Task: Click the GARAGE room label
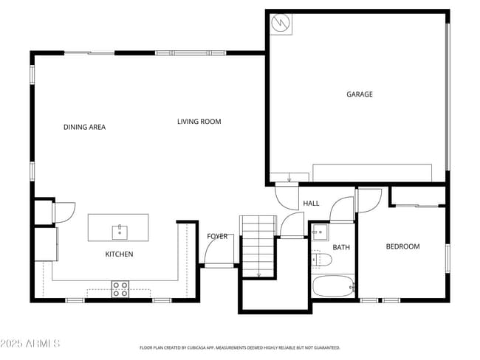pos(360,94)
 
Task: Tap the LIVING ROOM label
pos(199,122)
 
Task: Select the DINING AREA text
pos(84,127)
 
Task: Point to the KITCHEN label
pos(119,255)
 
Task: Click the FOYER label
pos(217,236)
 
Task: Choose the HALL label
pos(311,204)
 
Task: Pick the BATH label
pos(341,247)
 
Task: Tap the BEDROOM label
pos(402,246)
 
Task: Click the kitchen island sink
pos(119,232)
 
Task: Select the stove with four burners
pos(120,288)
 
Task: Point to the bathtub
pos(334,285)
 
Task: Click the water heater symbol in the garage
pos(280,24)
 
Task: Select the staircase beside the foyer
pos(258,246)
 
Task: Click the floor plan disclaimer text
pos(240,347)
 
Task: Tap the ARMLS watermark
pos(30,344)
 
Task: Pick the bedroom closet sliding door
pos(418,204)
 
